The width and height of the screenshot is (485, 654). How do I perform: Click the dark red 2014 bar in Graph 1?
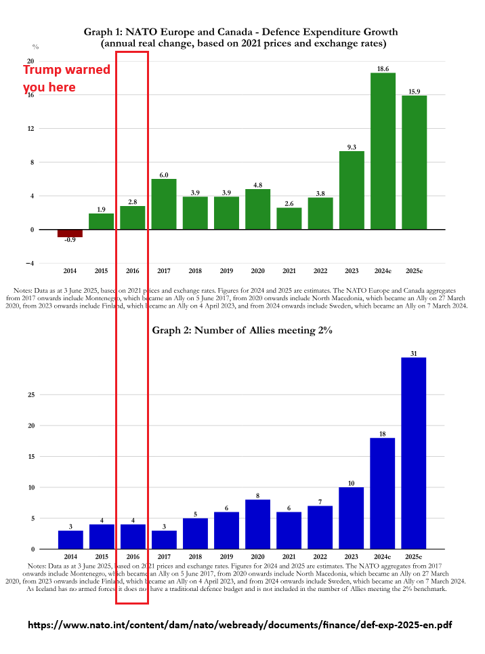tap(70, 233)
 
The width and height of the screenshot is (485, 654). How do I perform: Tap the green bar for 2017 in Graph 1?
tap(163, 204)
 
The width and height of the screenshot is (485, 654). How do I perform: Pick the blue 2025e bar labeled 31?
tap(414, 453)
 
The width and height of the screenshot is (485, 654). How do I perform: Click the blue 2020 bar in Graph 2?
tap(257, 524)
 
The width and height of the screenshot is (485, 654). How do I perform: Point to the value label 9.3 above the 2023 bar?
tap(352, 146)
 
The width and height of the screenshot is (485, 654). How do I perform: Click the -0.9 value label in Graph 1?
tap(70, 241)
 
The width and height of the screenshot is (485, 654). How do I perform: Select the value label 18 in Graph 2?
tap(383, 434)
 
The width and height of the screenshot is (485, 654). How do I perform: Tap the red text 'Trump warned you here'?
tap(66, 79)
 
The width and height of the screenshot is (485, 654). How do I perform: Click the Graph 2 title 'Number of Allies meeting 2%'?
tap(242, 330)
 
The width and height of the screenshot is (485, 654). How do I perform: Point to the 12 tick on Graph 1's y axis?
tap(30, 129)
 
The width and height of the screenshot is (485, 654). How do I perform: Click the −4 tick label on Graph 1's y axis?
tap(29, 264)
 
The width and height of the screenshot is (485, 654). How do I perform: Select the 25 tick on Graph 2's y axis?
tap(30, 394)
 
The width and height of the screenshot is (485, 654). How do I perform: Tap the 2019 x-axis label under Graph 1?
tap(226, 272)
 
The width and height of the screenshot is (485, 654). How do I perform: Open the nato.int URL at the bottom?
tap(239, 626)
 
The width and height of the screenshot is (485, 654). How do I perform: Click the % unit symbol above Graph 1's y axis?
tap(35, 47)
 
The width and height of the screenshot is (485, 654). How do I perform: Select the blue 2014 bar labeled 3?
tap(70, 539)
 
